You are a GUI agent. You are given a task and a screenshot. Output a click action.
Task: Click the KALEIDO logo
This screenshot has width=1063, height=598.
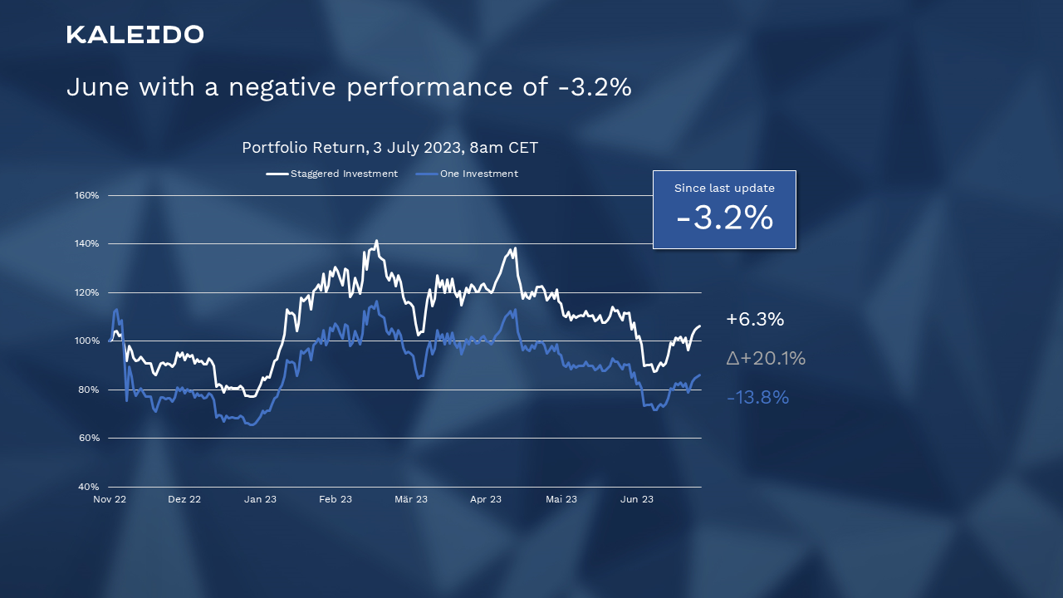tap(135, 35)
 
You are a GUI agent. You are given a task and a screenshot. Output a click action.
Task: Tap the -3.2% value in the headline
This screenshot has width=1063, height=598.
tap(595, 87)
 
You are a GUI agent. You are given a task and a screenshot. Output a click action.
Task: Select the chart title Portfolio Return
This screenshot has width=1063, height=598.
tap(303, 148)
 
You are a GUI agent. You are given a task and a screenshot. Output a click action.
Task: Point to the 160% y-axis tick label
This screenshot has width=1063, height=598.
tap(86, 195)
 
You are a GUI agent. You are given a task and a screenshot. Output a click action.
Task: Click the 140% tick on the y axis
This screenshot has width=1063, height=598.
tap(86, 243)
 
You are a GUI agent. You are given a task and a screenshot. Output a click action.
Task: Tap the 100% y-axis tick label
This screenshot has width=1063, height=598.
tap(86, 341)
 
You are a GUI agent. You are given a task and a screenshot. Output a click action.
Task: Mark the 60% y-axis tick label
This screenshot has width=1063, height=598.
tap(88, 438)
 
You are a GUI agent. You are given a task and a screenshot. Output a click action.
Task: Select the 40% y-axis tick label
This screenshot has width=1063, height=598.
tap(88, 486)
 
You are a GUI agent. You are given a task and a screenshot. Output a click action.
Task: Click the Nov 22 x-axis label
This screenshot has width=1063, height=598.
tap(110, 499)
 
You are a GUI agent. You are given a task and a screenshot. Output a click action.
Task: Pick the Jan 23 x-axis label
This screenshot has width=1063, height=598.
tap(260, 499)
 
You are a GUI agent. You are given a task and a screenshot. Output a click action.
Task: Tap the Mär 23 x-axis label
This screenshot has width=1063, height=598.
tap(410, 499)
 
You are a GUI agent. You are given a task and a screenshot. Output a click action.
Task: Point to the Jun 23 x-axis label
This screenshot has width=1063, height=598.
tap(636, 499)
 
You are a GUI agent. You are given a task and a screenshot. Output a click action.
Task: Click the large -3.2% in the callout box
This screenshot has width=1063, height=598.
tap(724, 218)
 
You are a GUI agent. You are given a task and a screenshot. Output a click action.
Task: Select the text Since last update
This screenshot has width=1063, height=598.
tap(724, 189)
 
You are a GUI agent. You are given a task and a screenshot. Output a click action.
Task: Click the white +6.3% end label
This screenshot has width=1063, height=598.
tap(755, 320)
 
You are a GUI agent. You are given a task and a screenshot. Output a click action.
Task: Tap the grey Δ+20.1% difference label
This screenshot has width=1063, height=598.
tap(766, 359)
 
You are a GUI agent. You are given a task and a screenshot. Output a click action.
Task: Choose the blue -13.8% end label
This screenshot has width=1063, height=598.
tap(757, 398)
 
